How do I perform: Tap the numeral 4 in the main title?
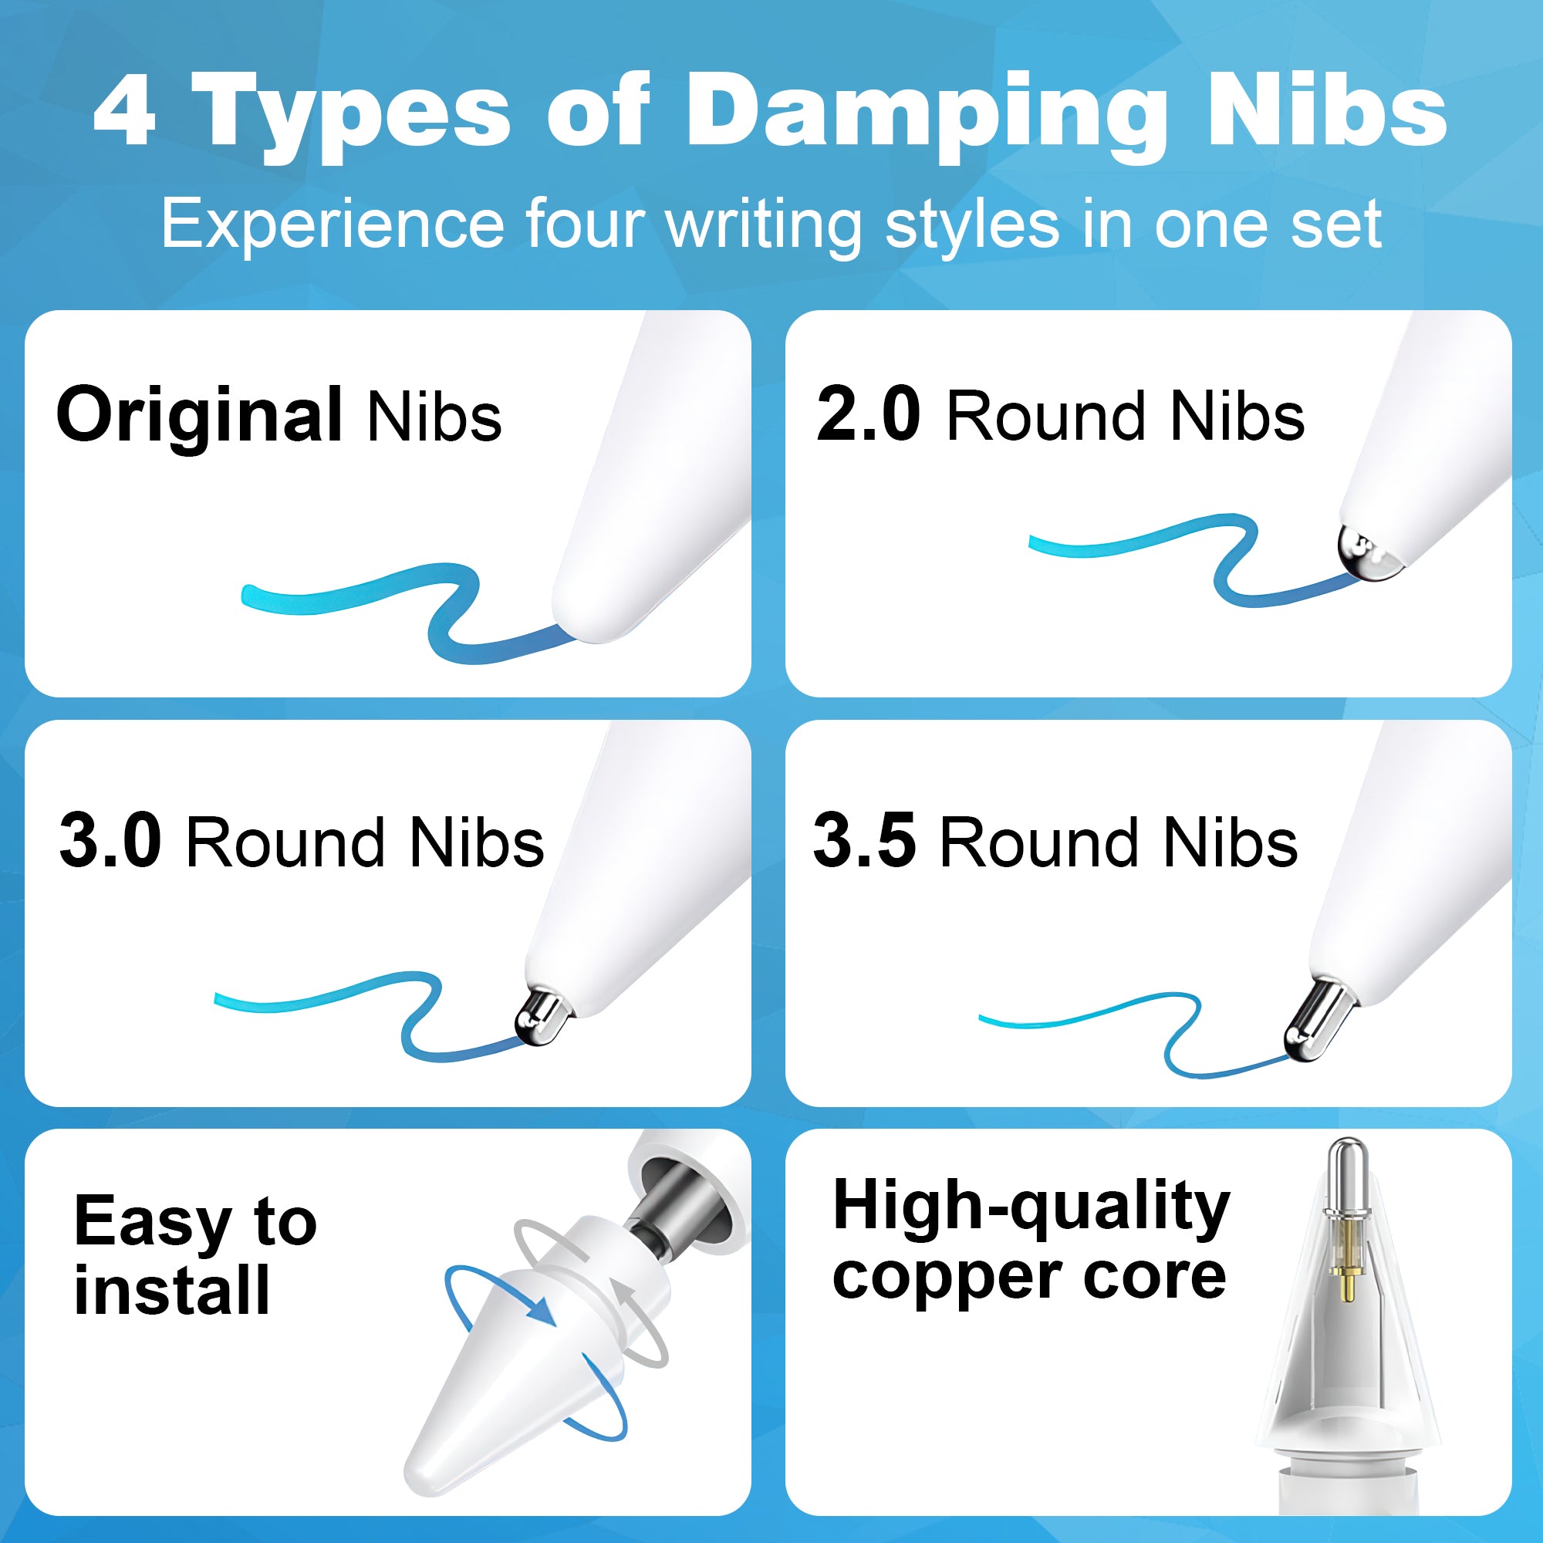point(123,112)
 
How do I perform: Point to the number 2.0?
point(868,414)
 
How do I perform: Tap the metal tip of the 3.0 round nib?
point(540,1016)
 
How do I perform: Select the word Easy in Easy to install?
point(152,1223)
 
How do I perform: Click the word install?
point(172,1291)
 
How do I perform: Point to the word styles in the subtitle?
point(973,227)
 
